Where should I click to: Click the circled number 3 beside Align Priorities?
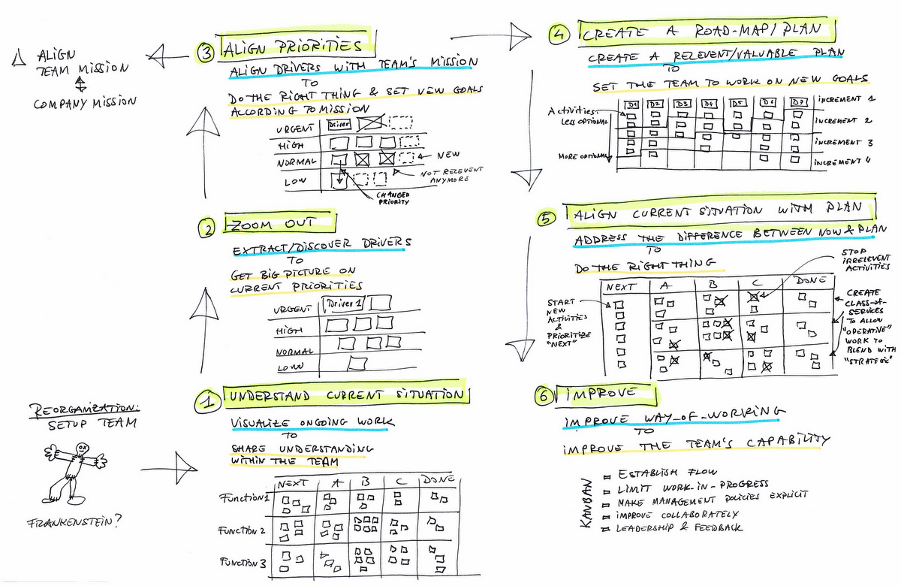pos(205,52)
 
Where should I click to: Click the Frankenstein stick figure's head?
pos(82,449)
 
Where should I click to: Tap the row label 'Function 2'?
pos(243,530)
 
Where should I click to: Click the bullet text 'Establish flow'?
pos(658,474)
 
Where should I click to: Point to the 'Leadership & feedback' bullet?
pos(679,527)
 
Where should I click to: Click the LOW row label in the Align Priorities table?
pos(292,181)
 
